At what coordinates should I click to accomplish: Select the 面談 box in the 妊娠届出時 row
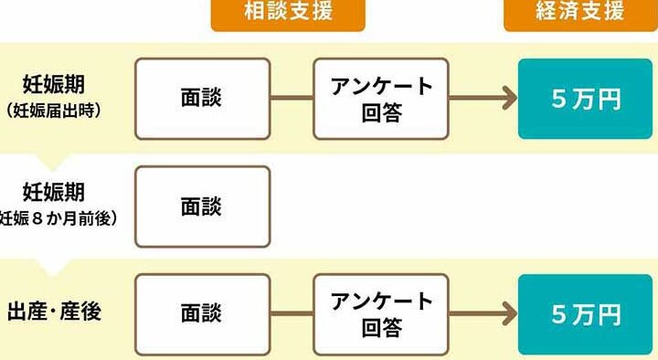[202, 99]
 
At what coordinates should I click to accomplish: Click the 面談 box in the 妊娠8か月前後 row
[202, 206]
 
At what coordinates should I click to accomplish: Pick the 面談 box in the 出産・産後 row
[202, 314]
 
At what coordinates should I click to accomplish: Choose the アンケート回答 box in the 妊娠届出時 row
[381, 99]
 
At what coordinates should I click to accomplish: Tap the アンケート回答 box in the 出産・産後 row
[381, 314]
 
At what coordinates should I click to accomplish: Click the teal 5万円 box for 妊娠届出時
[586, 99]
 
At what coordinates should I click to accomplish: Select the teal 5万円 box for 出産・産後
[586, 314]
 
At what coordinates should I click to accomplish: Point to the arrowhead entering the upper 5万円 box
[511, 98]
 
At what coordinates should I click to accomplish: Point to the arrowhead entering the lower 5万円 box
[511, 313]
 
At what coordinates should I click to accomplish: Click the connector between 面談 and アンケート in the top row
[292, 98]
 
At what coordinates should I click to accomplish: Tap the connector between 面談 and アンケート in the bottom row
[292, 313]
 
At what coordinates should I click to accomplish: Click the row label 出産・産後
[55, 312]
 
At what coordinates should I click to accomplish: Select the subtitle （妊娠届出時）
[54, 111]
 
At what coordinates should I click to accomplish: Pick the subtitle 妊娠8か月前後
[58, 218]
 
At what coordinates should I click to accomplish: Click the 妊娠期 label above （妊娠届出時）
[54, 85]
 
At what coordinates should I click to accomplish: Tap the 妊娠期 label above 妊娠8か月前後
[54, 193]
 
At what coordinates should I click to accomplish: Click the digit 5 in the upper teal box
[559, 100]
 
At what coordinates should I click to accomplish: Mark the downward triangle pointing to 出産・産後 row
[52, 268]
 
